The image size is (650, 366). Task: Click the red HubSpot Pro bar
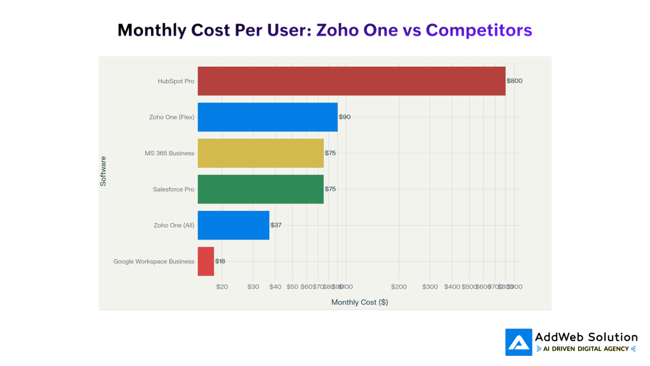[x=351, y=81]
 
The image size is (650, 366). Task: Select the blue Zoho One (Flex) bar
[x=267, y=117]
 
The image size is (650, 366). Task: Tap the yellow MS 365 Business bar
[x=260, y=153]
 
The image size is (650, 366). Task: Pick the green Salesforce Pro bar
[x=260, y=189]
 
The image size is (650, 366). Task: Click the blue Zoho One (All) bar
[x=233, y=225]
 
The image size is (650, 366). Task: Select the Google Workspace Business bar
[x=206, y=261]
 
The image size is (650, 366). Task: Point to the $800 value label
[x=514, y=81]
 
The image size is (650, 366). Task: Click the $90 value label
[x=345, y=117]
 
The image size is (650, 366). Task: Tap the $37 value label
[x=276, y=225]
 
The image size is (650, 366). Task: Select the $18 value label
[x=220, y=261]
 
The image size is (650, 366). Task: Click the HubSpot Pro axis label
[x=176, y=81]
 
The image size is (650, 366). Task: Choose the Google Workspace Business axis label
[x=154, y=261]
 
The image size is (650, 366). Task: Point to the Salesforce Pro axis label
[x=173, y=189]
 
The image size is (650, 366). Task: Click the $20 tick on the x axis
[x=222, y=287]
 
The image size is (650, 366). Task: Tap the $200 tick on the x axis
[x=399, y=287]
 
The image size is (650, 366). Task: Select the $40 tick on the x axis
[x=275, y=287]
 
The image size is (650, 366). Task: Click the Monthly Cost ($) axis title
[x=359, y=302]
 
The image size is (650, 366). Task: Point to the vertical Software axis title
[x=103, y=171]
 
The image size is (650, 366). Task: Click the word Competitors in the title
[x=479, y=30]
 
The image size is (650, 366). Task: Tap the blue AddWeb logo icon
[x=519, y=342]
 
